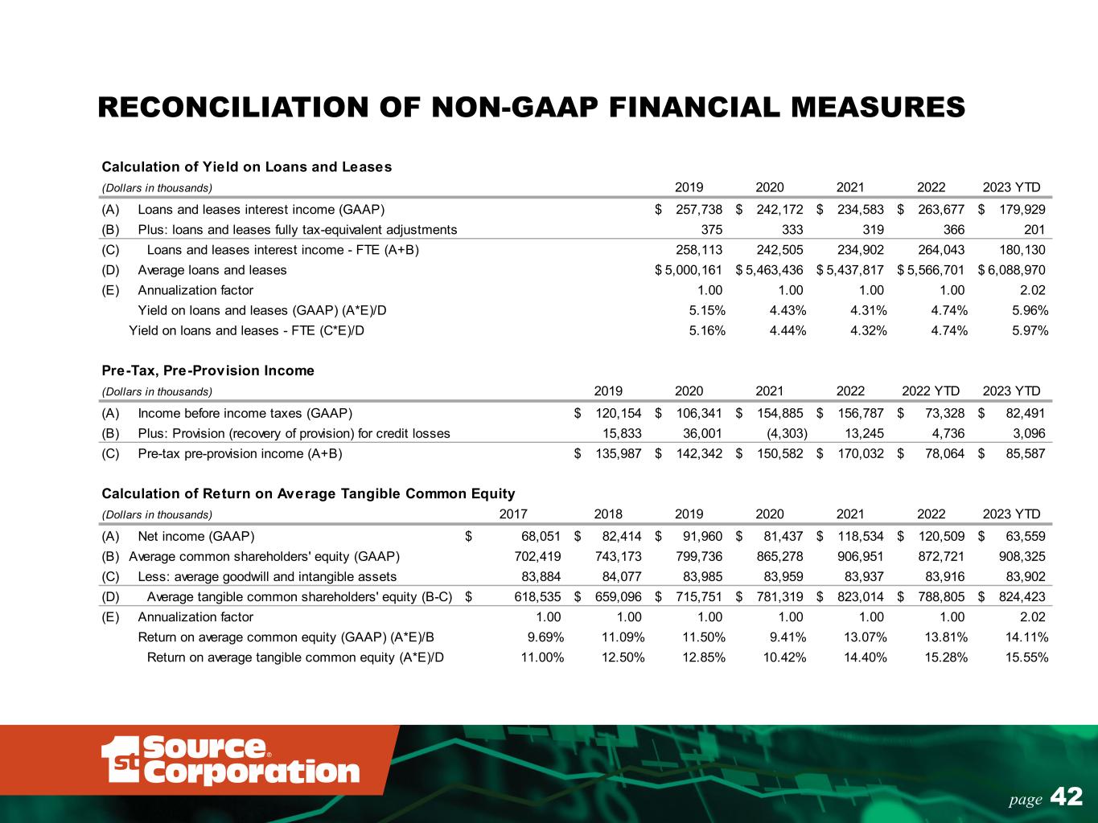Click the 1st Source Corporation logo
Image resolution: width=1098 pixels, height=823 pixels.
click(x=231, y=760)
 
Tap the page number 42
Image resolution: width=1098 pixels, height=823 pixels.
click(x=1067, y=797)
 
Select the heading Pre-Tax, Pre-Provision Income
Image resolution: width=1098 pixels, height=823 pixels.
click(x=208, y=371)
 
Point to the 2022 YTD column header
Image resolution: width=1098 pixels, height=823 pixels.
click(x=931, y=391)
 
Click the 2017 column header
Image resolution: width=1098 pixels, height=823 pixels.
click(x=514, y=514)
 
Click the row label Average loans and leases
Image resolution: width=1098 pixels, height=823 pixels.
click(x=212, y=270)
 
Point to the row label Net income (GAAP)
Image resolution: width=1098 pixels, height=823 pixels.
click(x=196, y=536)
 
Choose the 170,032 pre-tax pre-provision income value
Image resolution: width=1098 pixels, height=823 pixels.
click(x=860, y=453)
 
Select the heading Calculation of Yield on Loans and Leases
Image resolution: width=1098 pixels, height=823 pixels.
click(x=246, y=167)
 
